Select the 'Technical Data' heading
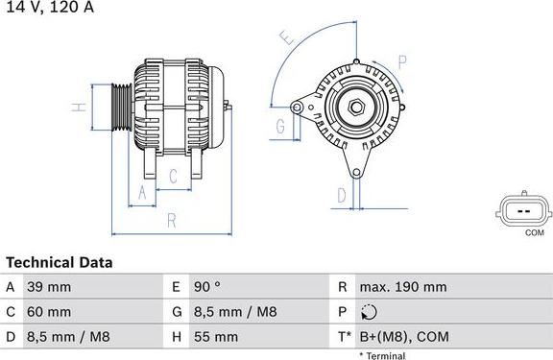pos(60,262)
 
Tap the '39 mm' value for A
pos(51,287)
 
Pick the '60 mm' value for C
pos(51,312)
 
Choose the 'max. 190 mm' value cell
pos(402,287)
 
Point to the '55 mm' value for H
pos(218,337)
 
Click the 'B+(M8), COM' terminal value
pos(403,337)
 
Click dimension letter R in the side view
pos(171,220)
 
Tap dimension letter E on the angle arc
pos(285,38)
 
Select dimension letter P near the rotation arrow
pos(402,62)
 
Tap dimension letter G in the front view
pos(281,127)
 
